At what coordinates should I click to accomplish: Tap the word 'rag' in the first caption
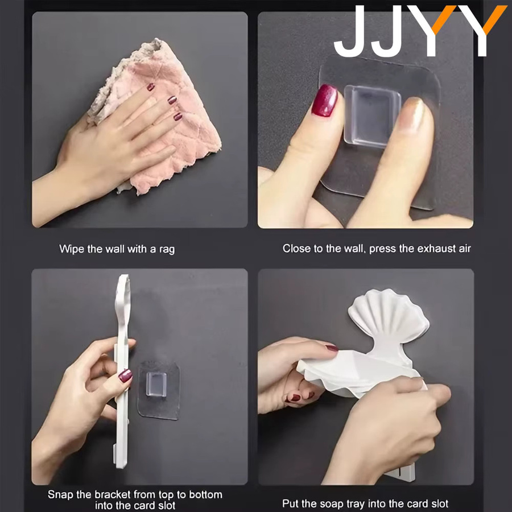tap(167, 250)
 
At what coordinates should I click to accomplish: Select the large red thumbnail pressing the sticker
tap(324, 100)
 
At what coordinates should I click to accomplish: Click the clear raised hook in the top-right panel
tap(372, 116)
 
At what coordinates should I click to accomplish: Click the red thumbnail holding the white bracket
tap(125, 376)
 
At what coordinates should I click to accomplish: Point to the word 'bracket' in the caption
tap(112, 494)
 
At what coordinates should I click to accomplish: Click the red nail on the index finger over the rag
tap(151, 87)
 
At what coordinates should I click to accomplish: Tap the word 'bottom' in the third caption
tap(206, 494)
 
